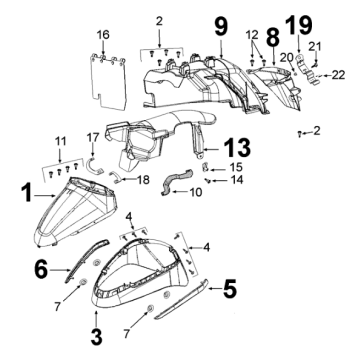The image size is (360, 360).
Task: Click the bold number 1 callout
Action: click(26, 188)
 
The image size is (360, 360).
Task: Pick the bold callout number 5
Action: click(229, 290)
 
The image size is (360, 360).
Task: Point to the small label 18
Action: click(143, 179)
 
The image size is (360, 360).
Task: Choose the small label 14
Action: click(237, 180)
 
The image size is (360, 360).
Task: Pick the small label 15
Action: click(236, 166)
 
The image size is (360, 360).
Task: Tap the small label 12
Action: click(251, 34)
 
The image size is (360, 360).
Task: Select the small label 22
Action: click(337, 74)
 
